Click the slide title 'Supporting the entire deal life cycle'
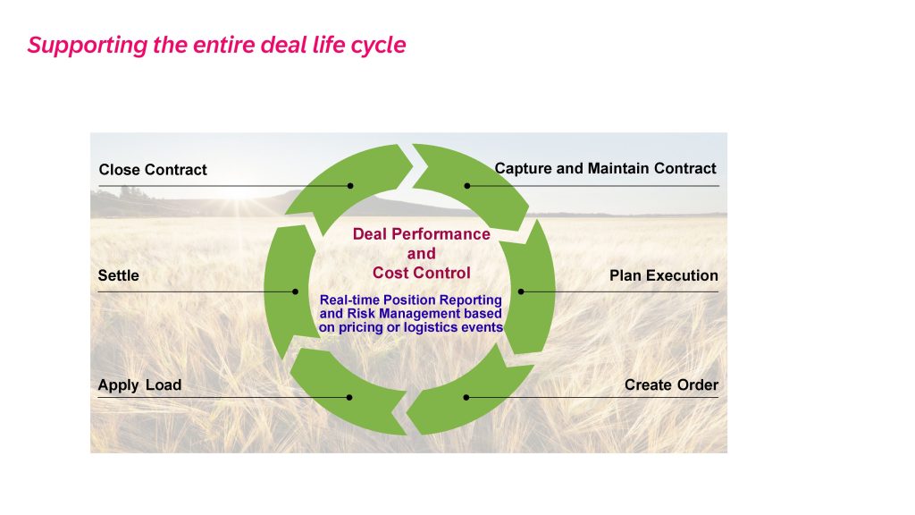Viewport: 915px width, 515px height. [216, 46]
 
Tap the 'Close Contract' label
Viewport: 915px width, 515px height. [153, 170]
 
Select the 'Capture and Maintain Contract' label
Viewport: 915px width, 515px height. [605, 169]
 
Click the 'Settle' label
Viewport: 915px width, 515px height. [119, 275]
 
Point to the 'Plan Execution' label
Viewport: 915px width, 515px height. [664, 275]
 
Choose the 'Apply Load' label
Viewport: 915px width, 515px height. [139, 385]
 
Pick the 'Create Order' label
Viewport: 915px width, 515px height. [671, 385]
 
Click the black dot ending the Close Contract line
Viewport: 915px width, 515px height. [350, 186]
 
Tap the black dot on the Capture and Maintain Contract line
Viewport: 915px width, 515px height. [466, 186]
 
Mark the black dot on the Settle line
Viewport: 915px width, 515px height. [295, 291]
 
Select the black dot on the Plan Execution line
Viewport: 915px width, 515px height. [521, 291]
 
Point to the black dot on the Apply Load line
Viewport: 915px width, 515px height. [349, 398]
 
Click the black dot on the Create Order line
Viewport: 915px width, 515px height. [466, 398]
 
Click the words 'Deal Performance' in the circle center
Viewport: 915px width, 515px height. [422, 234]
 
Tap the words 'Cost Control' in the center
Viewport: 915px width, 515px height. [422, 274]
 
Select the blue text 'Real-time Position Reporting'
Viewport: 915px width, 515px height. [411, 300]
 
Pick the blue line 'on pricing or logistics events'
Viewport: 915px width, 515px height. [411, 327]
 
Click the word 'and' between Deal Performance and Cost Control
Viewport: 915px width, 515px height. [422, 254]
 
